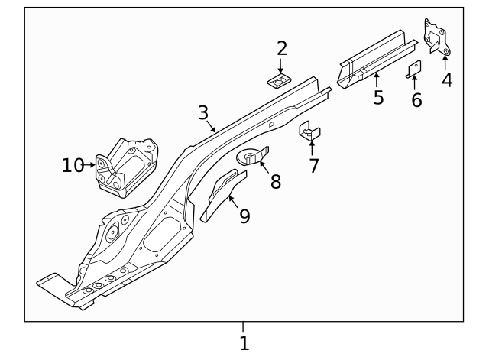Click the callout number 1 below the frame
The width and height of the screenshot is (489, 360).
point(244,343)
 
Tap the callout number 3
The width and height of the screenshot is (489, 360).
point(202,113)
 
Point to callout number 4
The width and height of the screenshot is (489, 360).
point(447,79)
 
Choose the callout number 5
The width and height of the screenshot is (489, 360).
point(378,98)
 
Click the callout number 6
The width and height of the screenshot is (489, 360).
point(416,100)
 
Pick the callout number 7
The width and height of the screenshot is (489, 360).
point(313,165)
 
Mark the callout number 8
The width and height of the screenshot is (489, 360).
point(275,181)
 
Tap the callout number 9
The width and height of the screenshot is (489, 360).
point(244,216)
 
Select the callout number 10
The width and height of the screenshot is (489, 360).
point(73,164)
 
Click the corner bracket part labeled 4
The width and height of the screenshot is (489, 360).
point(436,37)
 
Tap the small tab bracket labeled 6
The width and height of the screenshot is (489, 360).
point(413,69)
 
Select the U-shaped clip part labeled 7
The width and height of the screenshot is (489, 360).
point(310,132)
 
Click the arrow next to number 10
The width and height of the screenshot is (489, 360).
point(90,164)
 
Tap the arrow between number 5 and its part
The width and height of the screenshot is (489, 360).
point(376,78)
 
